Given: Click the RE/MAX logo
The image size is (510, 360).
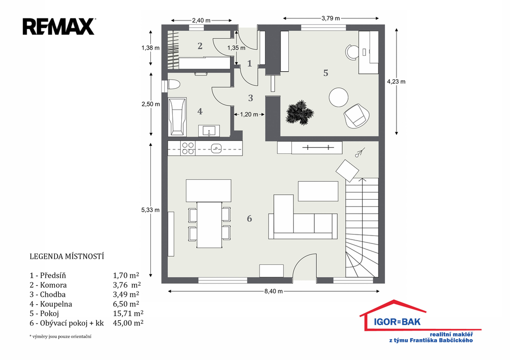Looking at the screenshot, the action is pos(59,27).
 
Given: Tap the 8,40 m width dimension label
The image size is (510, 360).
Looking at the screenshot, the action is pos(273,291).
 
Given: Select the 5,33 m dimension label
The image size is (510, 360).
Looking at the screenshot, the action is pos(150,210).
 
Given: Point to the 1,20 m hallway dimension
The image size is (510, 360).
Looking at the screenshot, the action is pos(249,115).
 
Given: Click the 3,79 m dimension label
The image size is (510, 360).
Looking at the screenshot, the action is pos(331,18).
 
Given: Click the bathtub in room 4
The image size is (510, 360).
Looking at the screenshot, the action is pos(177,117).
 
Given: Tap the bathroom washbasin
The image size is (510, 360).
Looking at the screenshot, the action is pos(209,131).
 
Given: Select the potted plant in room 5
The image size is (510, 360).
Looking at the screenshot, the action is pos(299,113).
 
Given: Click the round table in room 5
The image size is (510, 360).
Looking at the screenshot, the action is pos(339,97).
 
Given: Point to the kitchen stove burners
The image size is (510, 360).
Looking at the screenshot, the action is pos(188,148).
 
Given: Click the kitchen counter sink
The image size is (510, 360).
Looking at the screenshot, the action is pos(216,148).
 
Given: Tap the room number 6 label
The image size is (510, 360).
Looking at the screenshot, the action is pos(250,219).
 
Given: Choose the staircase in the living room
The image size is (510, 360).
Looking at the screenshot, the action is pos(362,228).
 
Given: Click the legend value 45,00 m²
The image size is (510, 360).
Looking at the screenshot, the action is pos(128,323).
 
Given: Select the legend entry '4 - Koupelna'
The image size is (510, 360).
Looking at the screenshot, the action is pos(51,304).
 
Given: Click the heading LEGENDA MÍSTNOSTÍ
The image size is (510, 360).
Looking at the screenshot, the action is pos(67,256).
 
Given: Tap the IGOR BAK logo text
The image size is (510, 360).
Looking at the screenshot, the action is pos(397,322).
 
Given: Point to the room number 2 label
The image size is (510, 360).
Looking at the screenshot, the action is pos(200,46).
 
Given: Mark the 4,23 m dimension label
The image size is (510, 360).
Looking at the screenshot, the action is pos(396,82).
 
